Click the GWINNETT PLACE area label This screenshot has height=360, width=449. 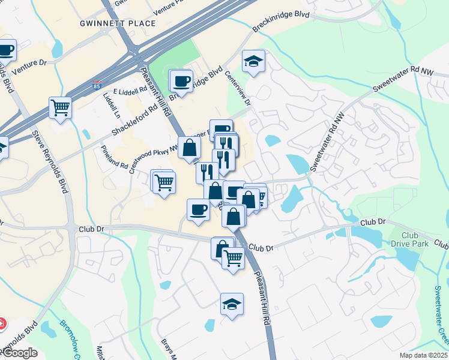[118, 23]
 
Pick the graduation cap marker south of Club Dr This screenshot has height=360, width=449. [232, 304]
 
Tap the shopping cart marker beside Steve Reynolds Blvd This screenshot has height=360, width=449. [61, 108]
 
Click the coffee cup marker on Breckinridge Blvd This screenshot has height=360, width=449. [182, 80]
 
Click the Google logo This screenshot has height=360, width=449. [20, 353]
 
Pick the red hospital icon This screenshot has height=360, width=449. [2, 323]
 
